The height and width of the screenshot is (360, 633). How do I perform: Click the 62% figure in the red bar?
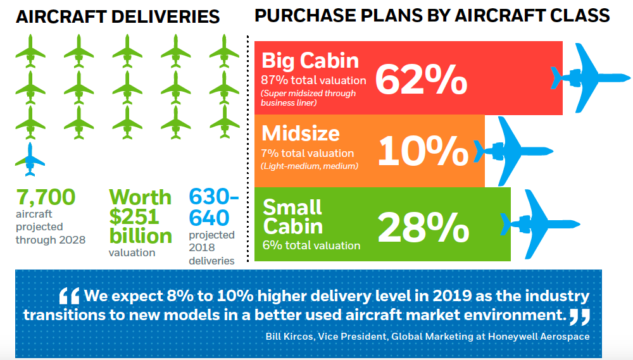coord(421,78)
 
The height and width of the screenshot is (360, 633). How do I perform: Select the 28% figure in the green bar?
coord(423,226)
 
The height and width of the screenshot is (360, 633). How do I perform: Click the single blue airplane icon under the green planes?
coord(30,159)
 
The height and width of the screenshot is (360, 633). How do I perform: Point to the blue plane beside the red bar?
coord(586,78)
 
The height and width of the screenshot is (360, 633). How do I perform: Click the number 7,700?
coord(46,197)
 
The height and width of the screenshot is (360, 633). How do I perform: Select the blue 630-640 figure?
coord(213,208)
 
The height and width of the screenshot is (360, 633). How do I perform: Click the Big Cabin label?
coord(310,61)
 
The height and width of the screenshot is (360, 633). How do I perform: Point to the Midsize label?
coord(301,133)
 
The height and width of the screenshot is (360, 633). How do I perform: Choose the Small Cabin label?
coord(293,216)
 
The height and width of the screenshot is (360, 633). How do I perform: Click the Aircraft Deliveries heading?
coord(118,17)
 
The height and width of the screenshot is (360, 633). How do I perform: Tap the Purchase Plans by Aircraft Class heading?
coord(432,16)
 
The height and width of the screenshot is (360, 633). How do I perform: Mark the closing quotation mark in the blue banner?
coord(579,314)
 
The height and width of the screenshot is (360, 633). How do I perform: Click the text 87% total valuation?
coord(313,80)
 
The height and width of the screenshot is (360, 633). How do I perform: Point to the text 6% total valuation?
coord(311,245)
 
